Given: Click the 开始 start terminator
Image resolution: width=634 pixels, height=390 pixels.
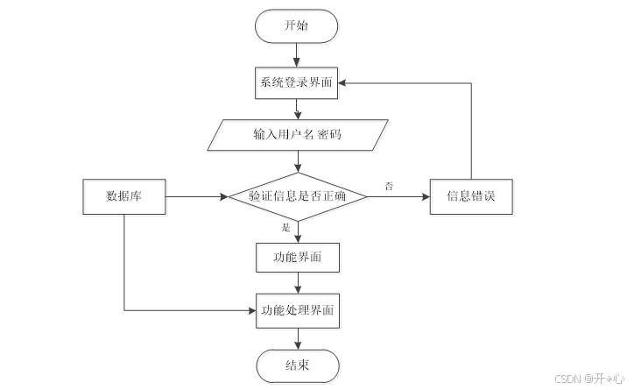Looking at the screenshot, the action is pos(296,26).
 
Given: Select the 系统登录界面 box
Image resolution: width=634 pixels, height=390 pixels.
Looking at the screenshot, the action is pos(296,83).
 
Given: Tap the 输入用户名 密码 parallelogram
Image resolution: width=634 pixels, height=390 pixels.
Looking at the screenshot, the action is pos(298,135).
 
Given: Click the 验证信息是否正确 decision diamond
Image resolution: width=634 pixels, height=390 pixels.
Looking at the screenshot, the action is pos(298,197).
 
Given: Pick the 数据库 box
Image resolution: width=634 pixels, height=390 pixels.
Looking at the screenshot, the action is pos(124,196).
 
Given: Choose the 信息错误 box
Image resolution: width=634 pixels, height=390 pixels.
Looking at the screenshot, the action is pos(471,196).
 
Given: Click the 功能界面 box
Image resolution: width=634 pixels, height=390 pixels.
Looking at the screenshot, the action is pos(298,258).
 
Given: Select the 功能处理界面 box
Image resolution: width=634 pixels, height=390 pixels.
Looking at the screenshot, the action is pos(298,311).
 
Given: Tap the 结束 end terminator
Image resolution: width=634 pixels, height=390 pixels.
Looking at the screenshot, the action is pos(298,366).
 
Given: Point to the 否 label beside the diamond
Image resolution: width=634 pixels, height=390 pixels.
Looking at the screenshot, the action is pos(389,187).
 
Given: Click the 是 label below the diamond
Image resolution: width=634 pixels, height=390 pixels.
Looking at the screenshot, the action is pos(285,228).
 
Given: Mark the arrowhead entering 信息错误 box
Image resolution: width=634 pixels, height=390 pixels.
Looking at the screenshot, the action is pos(426,197).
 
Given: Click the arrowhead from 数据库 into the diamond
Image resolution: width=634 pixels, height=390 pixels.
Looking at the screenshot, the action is pos(224,197).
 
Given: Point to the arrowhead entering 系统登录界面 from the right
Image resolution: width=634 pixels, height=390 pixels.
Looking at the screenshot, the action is pos(342,83).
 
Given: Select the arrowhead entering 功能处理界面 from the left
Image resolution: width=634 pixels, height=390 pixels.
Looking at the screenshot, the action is pos(252,311).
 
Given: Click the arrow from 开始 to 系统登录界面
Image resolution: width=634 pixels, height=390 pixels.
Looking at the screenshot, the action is pos(296,55).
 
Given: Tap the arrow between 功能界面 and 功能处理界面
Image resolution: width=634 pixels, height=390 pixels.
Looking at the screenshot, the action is pos(298,283).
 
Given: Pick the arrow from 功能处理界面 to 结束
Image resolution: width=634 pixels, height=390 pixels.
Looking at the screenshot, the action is pos(298,339).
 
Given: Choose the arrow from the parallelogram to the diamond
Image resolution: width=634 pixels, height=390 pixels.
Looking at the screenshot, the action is pos(298,162).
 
